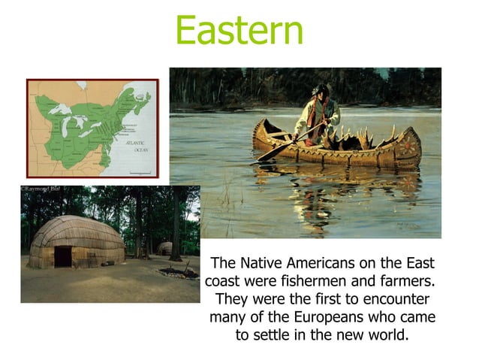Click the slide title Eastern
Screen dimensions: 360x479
tap(239, 30)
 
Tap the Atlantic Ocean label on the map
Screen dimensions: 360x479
tap(135, 145)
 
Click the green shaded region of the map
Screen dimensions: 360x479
tap(83, 120)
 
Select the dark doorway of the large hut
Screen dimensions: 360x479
tap(63, 256)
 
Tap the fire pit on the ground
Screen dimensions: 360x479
tap(179, 272)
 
